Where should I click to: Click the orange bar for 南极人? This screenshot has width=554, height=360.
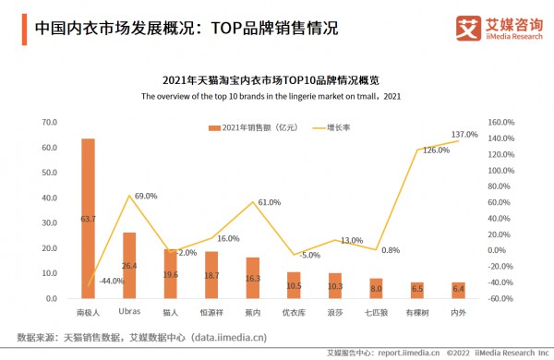[88, 218]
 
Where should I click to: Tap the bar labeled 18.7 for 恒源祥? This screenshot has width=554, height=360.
[211, 274]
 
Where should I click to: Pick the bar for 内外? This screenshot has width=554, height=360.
[459, 290]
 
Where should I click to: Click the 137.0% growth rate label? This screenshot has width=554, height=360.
[464, 135]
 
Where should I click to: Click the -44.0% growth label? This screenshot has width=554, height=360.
[111, 281]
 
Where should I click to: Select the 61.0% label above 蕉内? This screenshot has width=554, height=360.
[269, 202]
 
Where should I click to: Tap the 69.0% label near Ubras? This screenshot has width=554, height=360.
[145, 196]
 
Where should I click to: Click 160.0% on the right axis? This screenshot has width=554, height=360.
[499, 123]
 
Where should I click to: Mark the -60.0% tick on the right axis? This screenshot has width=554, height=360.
[499, 299]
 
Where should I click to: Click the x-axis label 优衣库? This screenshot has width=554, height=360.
[294, 313]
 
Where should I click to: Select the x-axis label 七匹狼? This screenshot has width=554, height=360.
[376, 313]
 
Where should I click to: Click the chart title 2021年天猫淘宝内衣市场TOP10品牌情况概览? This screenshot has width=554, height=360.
[277, 80]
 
